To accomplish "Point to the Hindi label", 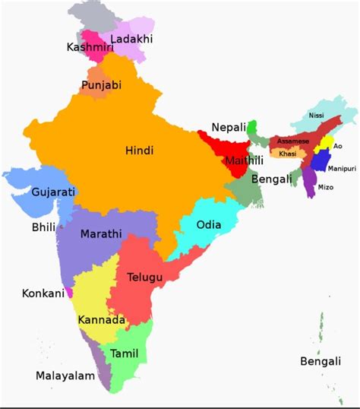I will (139, 151).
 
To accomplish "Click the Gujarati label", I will (53, 192).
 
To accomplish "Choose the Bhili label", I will (44, 227).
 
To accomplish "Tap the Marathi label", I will (101, 234).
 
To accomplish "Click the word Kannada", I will (102, 320).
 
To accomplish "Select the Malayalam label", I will (65, 376).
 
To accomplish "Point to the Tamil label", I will (125, 354).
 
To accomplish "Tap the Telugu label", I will (145, 277).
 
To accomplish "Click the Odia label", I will (210, 225).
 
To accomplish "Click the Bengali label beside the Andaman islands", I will (320, 361).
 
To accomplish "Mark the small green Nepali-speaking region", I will (253, 125).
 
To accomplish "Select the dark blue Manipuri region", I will (321, 160).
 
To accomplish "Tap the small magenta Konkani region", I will (69, 292).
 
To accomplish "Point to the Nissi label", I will (316, 116).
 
